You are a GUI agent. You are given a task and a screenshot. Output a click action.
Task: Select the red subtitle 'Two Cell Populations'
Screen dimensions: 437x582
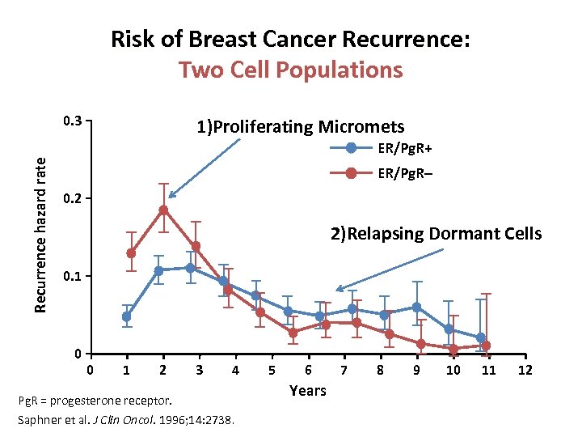click(291, 70)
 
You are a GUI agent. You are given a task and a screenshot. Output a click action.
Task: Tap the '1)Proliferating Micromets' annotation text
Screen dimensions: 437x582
click(300, 126)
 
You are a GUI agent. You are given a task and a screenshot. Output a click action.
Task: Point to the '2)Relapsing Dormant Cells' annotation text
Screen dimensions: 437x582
click(436, 234)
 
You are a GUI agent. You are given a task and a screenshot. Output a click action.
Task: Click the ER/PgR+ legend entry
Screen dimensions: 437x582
click(405, 147)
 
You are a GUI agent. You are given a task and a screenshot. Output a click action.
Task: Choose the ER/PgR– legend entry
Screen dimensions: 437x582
click(405, 172)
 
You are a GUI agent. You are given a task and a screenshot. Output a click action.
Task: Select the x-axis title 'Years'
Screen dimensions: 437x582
click(308, 391)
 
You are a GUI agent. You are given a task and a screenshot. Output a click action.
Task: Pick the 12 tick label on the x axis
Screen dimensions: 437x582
click(526, 371)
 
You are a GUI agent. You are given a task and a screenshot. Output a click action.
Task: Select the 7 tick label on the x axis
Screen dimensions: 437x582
click(344, 371)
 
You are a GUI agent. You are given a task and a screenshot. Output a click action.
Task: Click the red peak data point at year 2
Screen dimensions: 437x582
click(163, 210)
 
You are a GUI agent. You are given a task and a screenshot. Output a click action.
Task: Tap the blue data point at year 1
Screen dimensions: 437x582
click(126, 316)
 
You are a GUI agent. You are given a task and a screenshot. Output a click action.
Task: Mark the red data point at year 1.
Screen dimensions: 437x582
click(131, 253)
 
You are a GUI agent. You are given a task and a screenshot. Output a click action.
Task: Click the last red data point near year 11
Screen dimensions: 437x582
click(486, 346)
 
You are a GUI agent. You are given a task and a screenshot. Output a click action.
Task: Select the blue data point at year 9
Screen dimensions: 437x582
click(417, 308)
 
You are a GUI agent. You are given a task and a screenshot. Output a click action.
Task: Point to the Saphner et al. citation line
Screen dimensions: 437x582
click(125, 420)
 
